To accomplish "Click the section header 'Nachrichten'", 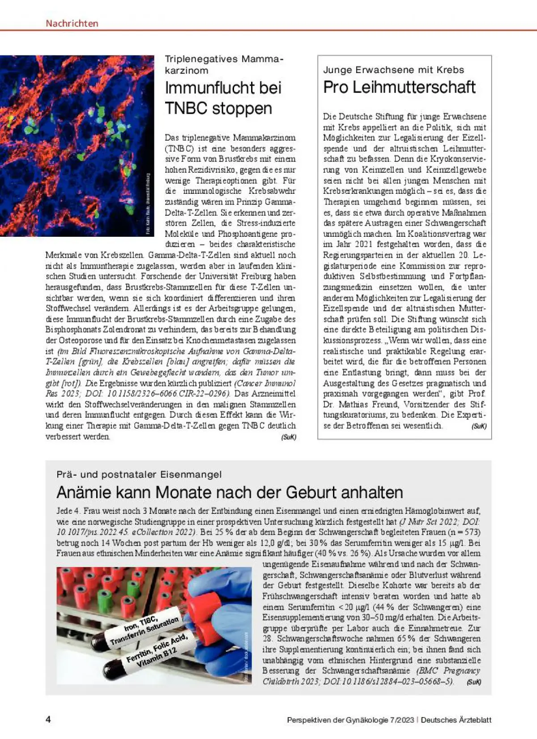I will coord(72,23).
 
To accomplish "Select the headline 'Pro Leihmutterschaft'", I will coord(399,87).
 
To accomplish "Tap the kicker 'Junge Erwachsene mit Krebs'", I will coord(393,70).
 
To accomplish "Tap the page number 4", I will coord(48,720).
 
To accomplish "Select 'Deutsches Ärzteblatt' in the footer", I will coord(456,720).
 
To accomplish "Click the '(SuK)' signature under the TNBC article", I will coord(289,437).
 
